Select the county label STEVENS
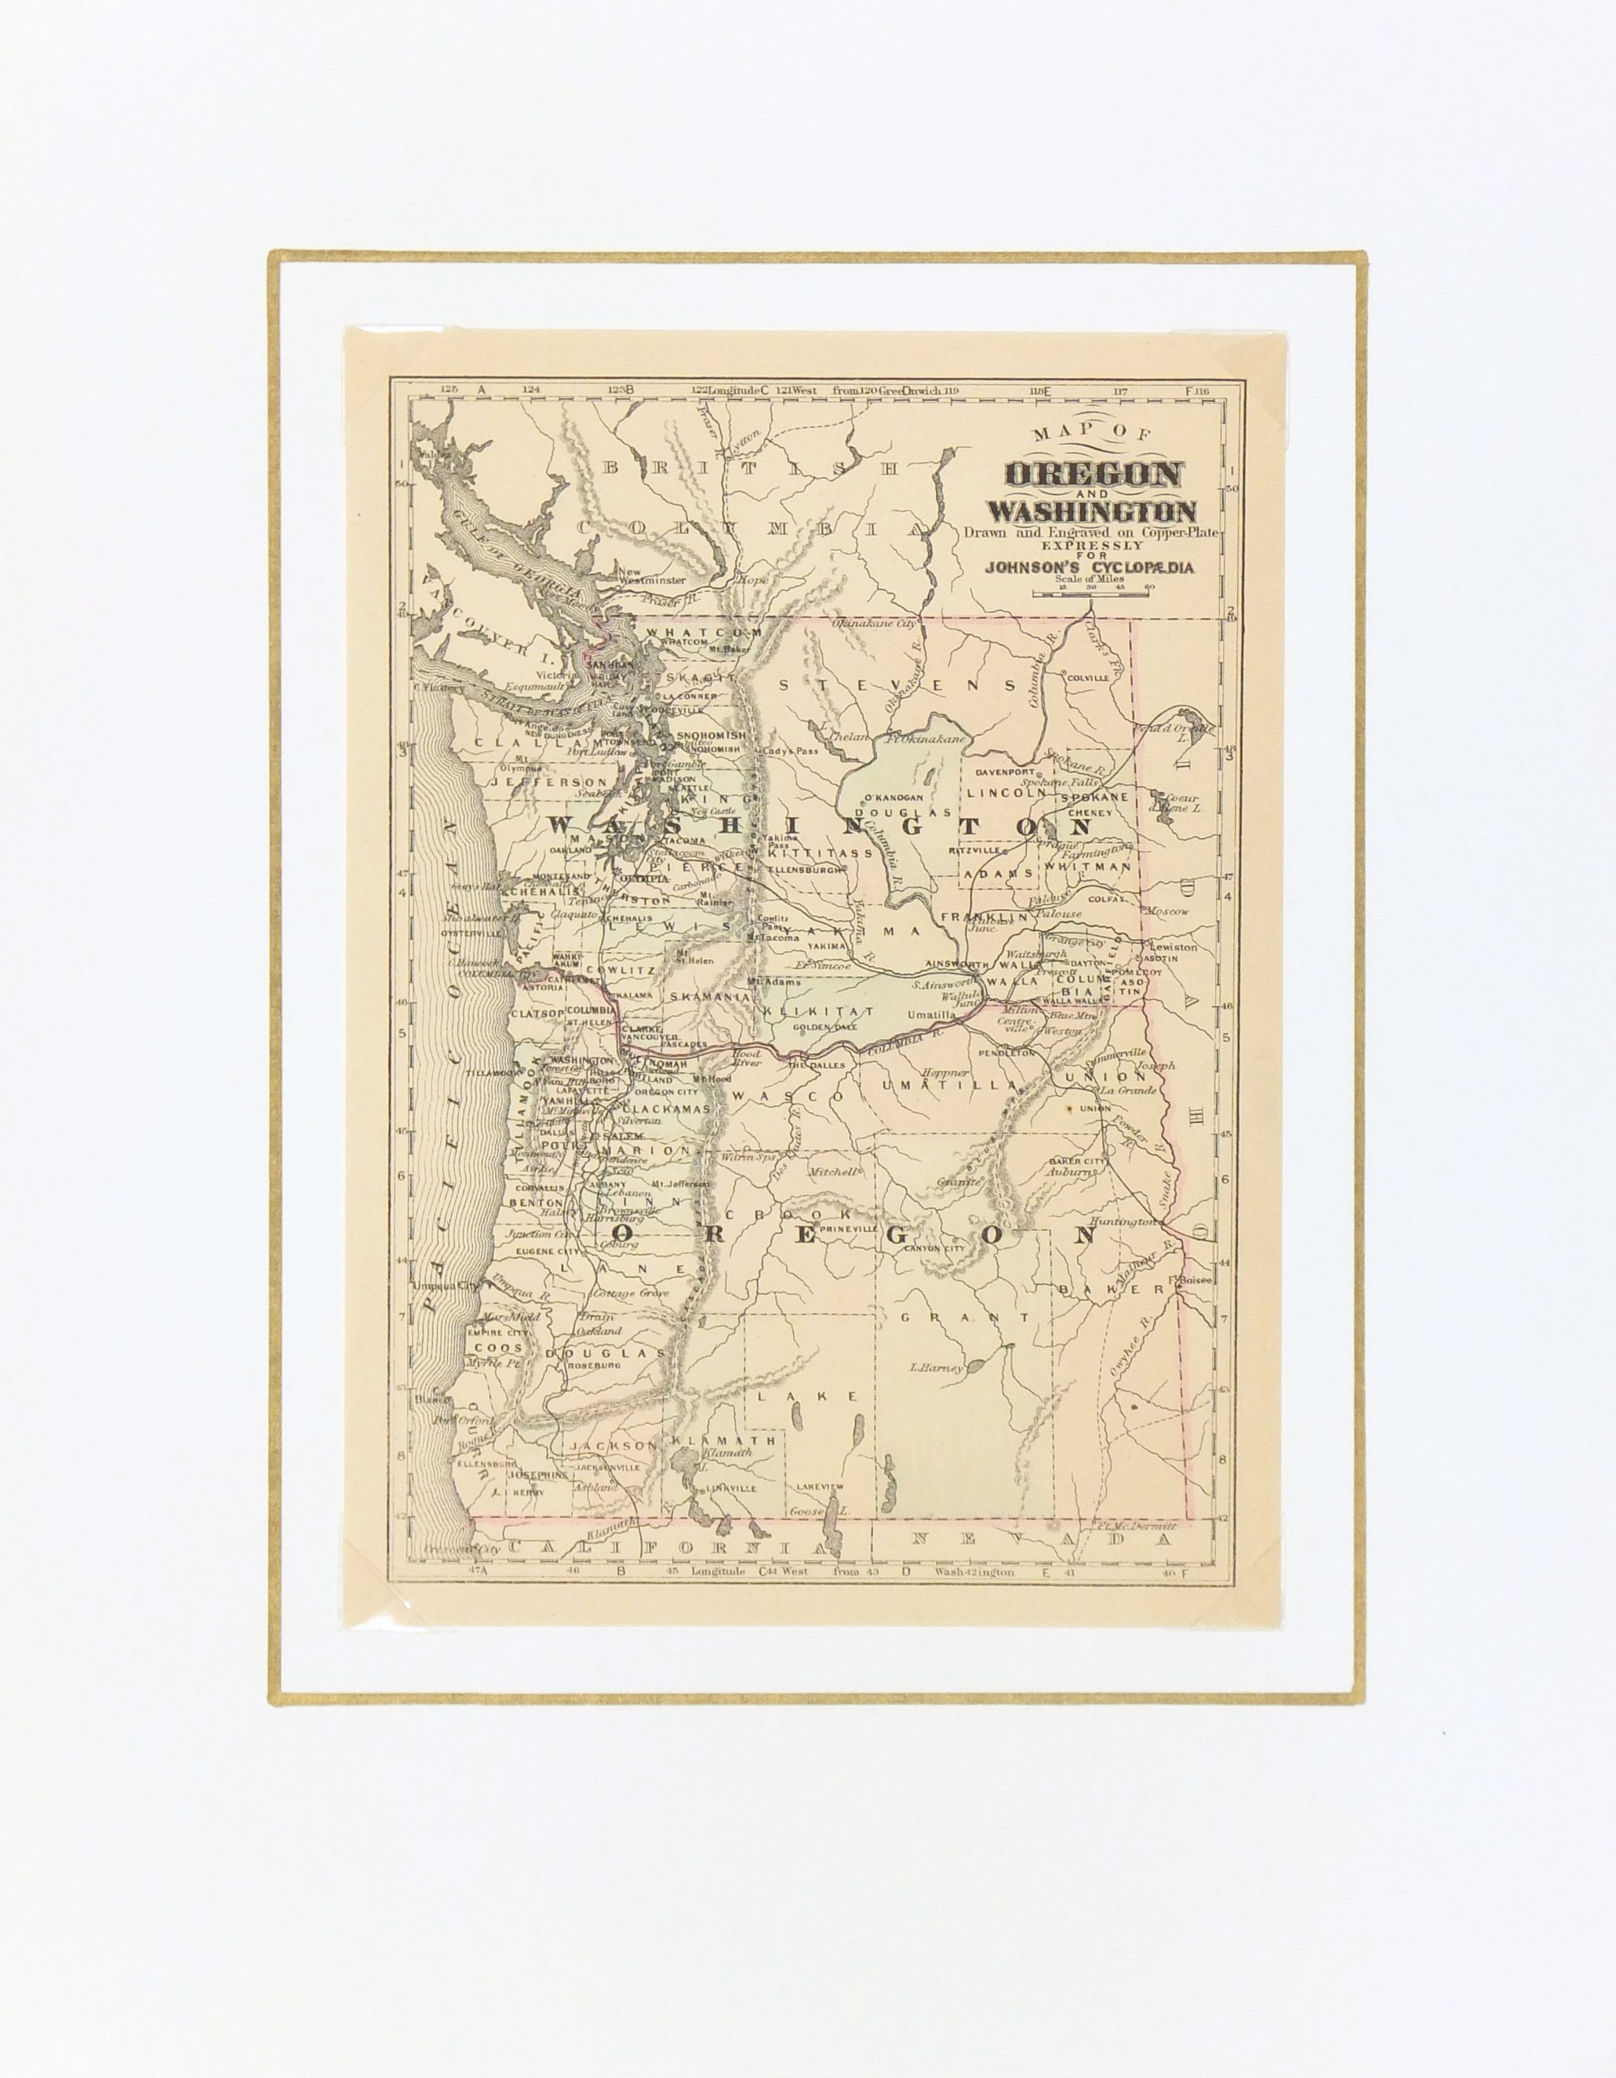coord(898,684)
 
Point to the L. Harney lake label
coord(937,1369)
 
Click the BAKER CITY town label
coord(1077,1162)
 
